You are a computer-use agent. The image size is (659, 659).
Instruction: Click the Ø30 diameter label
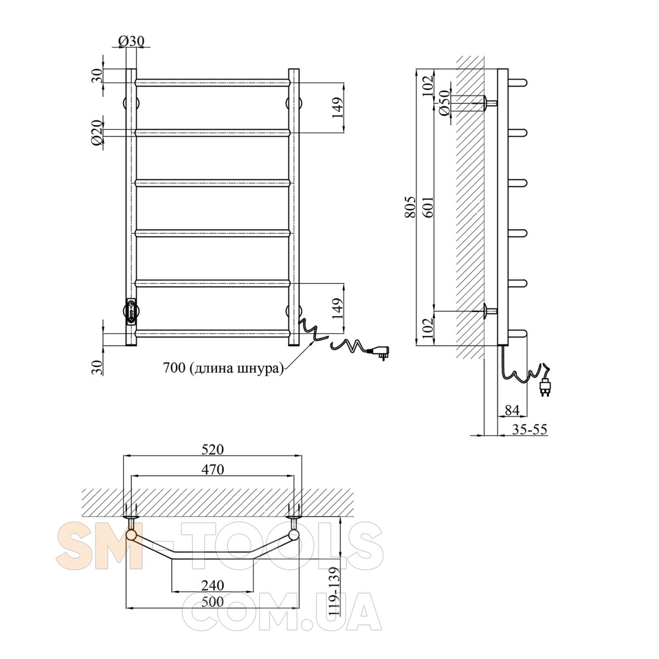131,41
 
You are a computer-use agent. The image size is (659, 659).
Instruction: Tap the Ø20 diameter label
97,133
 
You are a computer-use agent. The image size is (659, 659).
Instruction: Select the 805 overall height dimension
411,207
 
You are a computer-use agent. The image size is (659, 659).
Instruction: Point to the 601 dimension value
428,207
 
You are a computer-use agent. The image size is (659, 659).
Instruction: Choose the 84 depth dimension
512,410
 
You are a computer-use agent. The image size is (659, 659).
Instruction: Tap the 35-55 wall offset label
529,429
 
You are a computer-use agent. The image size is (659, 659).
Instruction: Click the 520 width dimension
213,449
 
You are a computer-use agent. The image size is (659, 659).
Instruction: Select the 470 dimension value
213,470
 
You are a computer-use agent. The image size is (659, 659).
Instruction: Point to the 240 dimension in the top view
213,585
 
